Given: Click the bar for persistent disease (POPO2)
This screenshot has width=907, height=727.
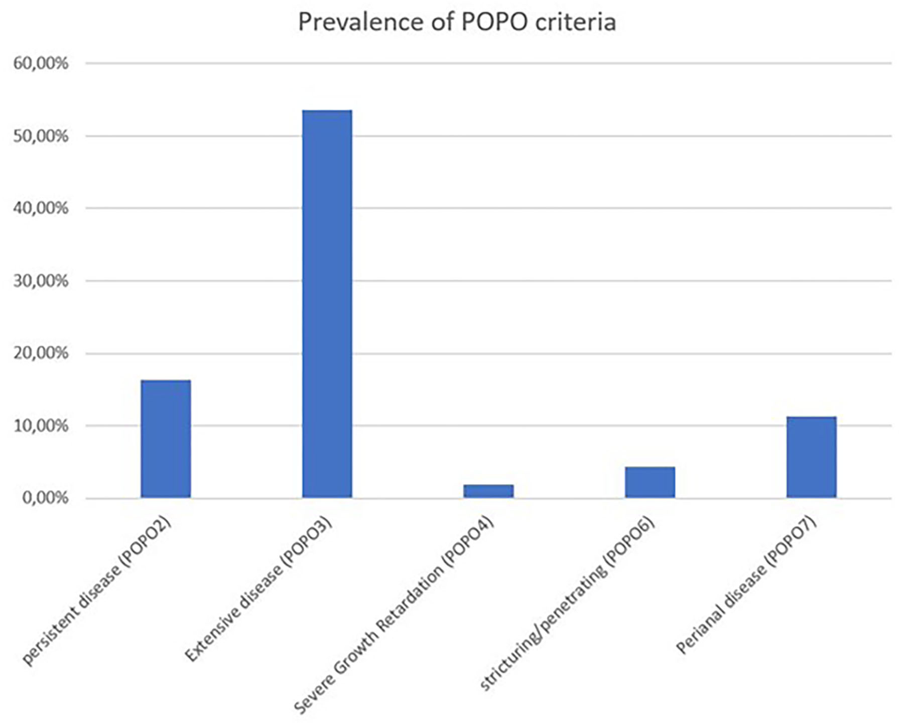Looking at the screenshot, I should [166, 439].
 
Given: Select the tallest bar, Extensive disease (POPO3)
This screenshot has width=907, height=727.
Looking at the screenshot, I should [327, 304].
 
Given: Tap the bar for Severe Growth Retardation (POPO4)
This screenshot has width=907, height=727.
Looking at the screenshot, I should [488, 491].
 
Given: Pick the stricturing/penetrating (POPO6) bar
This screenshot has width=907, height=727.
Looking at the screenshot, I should [650, 482].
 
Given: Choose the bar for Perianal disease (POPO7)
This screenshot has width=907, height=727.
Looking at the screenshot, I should [811, 457].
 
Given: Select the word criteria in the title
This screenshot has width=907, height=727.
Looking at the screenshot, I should [576, 22].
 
